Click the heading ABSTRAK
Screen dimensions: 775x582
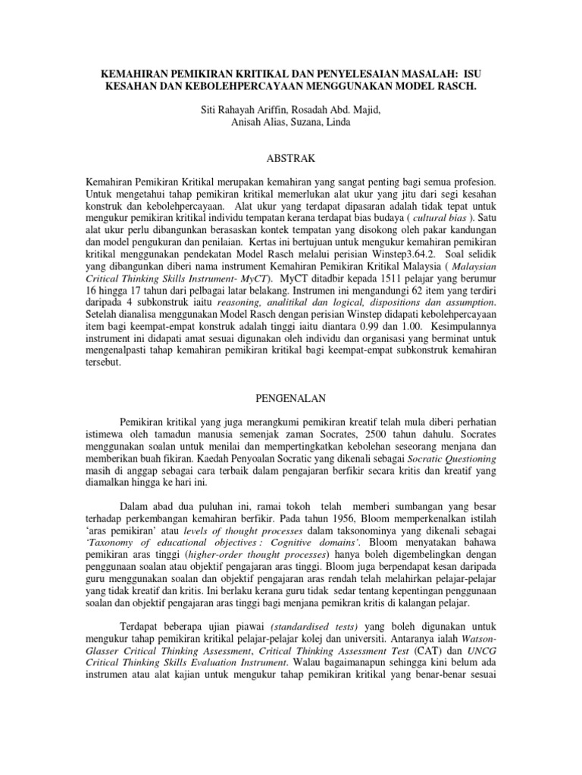[x=291, y=159]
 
